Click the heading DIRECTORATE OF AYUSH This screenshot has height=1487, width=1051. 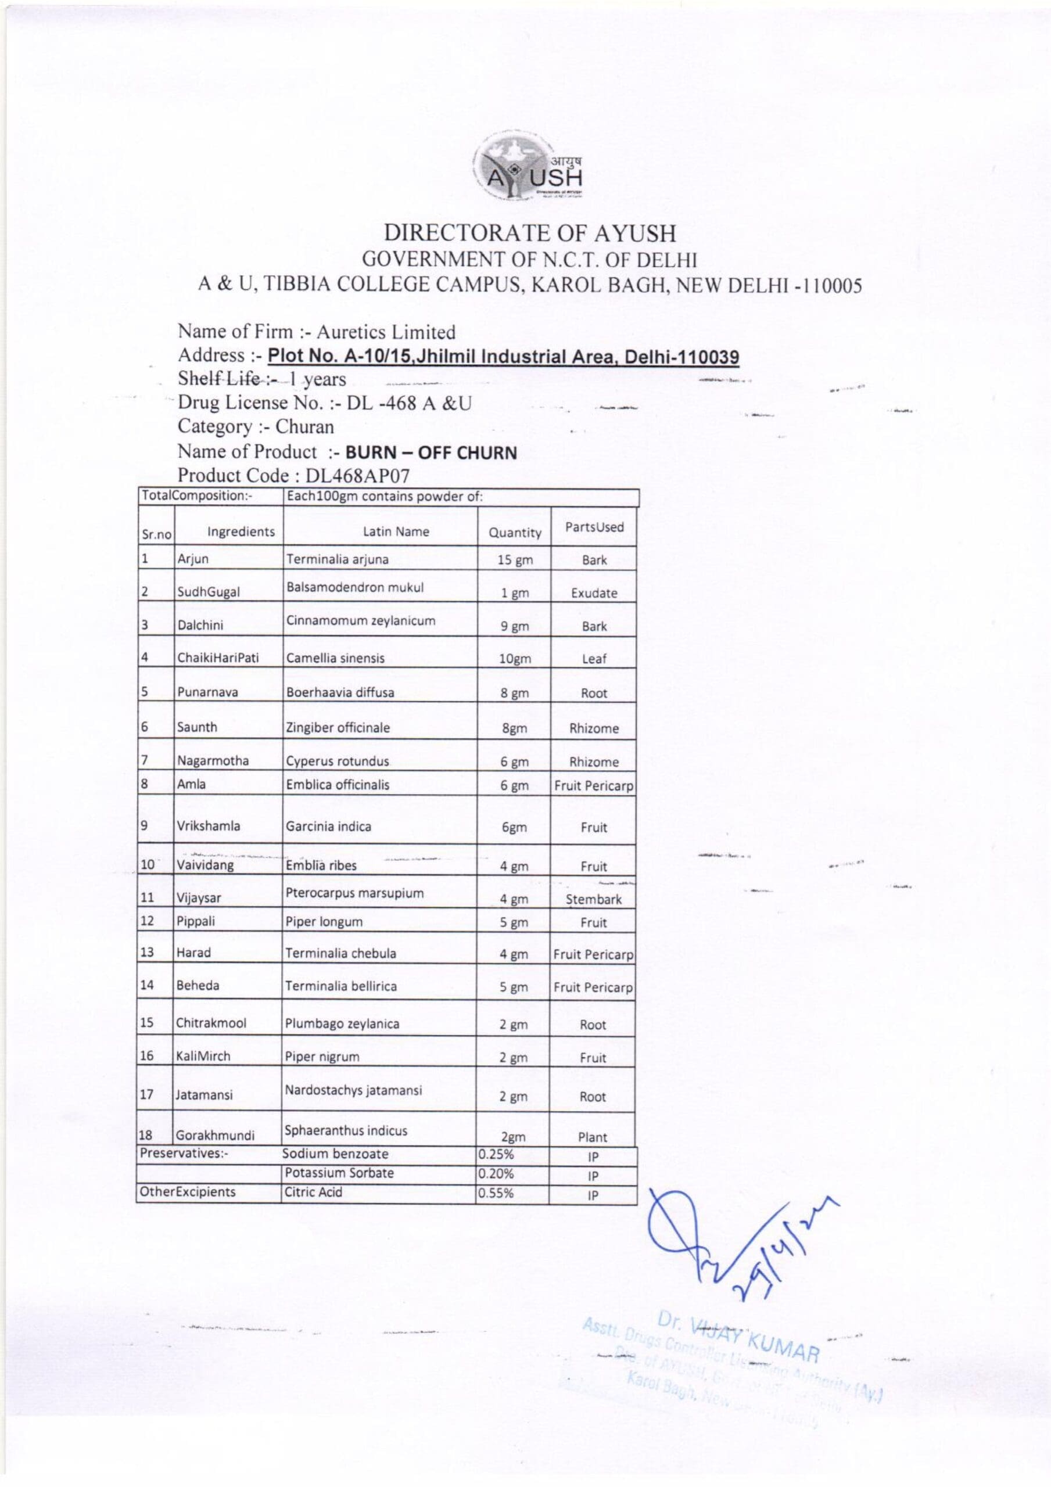click(x=529, y=233)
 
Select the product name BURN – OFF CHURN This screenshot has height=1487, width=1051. click(x=431, y=452)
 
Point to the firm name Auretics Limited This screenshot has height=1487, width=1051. click(x=386, y=332)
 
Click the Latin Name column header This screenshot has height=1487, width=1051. click(x=395, y=531)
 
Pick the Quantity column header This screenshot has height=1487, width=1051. click(x=515, y=533)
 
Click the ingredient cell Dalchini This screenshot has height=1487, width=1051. click(x=200, y=626)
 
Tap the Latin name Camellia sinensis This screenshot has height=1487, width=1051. click(x=335, y=659)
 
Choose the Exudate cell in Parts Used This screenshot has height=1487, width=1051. click(x=594, y=593)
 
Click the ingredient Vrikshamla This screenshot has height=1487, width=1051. click(x=208, y=827)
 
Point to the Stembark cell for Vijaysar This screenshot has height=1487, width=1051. click(x=593, y=900)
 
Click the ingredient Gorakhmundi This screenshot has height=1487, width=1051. click(x=215, y=1136)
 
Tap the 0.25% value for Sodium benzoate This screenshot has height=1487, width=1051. click(x=496, y=1154)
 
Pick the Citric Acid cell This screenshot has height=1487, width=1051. click(x=313, y=1193)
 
